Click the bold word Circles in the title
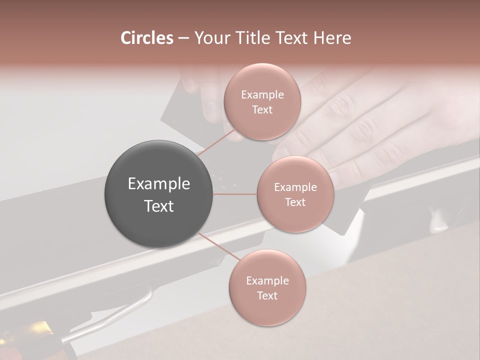click(147, 38)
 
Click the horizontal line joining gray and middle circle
click(234, 194)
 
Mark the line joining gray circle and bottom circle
click(219, 246)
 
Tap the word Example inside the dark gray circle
click(158, 184)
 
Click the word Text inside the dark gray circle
click(158, 206)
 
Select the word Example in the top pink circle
click(262, 94)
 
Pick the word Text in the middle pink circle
click(295, 202)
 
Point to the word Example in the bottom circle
click(267, 280)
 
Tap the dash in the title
click(183, 38)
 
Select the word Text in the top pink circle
click(262, 109)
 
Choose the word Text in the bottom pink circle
click(267, 295)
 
